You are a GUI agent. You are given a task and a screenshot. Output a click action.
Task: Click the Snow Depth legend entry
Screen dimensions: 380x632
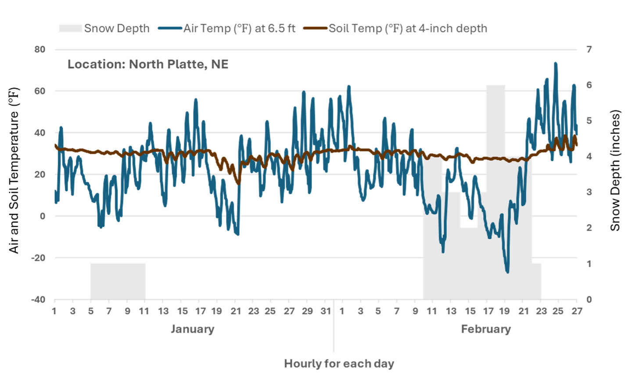pos(104,29)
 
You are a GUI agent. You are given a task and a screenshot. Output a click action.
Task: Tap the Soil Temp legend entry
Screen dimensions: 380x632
pos(395,29)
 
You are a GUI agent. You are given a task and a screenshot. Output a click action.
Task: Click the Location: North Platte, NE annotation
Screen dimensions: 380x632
pos(148,65)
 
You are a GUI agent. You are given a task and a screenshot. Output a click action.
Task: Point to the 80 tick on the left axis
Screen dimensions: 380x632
pos(40,50)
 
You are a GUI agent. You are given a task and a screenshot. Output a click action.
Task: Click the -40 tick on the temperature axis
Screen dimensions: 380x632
pos(38,300)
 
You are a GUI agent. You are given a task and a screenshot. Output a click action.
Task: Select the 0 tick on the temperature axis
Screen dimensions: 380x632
pos(43,216)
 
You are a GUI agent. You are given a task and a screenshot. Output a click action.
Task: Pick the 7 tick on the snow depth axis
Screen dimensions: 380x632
pos(589,50)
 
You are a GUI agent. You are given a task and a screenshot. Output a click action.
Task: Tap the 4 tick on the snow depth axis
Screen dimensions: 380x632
pos(589,156)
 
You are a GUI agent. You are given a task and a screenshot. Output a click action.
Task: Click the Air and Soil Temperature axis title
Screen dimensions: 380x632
pos(14,170)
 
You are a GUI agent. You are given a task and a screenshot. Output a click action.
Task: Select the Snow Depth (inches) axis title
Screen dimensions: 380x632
pos(615,170)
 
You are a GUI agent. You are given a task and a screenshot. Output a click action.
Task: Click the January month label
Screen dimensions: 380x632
pos(192,329)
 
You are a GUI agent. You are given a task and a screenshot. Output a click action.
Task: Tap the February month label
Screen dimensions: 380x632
pos(486,329)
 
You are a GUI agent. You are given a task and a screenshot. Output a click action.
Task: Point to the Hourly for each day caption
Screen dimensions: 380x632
pos(339,364)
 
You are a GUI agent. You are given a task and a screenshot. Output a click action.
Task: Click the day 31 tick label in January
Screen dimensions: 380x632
pos(326,311)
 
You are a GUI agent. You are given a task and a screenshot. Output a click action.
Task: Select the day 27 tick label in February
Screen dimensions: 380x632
pos(577,311)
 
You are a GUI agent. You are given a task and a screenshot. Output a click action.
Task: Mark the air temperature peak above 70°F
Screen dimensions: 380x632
pos(556,64)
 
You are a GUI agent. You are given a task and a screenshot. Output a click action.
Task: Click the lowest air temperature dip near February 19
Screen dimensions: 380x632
pos(507,272)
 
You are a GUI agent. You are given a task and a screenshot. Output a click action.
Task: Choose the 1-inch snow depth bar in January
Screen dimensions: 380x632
pos(118,281)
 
